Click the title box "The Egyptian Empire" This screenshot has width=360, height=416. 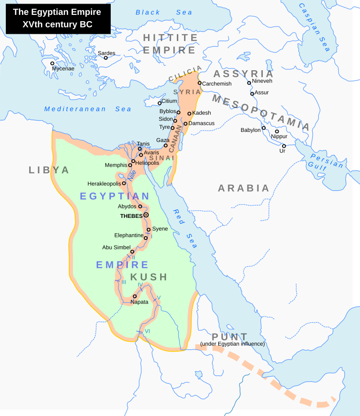click(x=58, y=18)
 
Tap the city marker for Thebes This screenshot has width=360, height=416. click(x=146, y=215)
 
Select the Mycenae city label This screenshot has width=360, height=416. click(x=63, y=69)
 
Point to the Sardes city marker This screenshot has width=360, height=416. click(x=106, y=58)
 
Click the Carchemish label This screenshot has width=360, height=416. click(x=217, y=84)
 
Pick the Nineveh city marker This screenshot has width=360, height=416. click(x=249, y=83)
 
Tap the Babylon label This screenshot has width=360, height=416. click(x=251, y=130)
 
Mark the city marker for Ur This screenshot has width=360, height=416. click(x=283, y=145)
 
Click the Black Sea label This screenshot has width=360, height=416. click(x=164, y=13)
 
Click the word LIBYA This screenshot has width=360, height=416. click(x=49, y=170)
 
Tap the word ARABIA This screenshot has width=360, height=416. click(x=243, y=188)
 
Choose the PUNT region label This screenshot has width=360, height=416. click(x=229, y=337)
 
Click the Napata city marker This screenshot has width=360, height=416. click(x=135, y=296)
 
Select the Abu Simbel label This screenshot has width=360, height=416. click(x=116, y=247)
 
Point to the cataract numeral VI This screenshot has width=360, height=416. click(x=147, y=332)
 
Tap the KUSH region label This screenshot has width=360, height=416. click(x=149, y=277)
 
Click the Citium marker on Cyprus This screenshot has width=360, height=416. click(x=159, y=103)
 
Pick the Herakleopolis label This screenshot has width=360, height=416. click(x=104, y=184)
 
